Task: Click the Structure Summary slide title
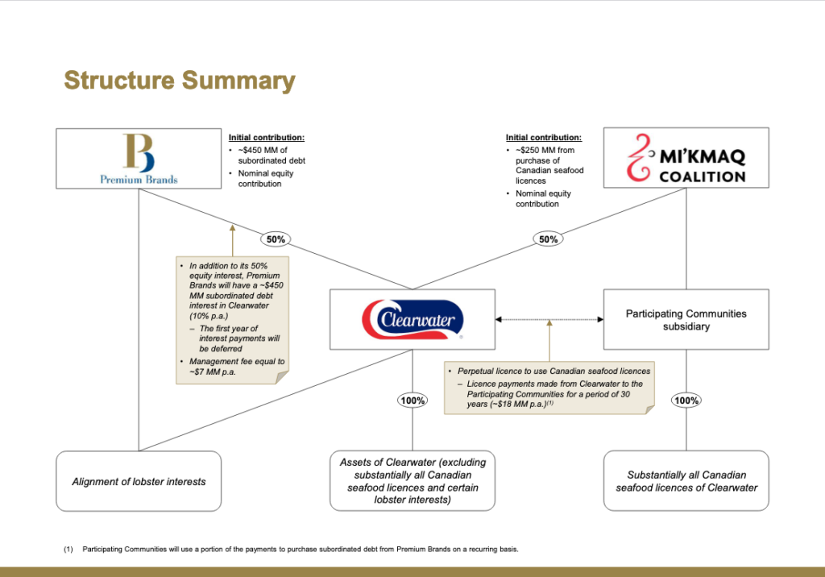(180, 81)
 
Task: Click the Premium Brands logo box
(139, 159)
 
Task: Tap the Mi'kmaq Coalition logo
(686, 158)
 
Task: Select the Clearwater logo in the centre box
(412, 319)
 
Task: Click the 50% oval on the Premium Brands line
(276, 239)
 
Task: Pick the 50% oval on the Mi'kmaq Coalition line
(548, 239)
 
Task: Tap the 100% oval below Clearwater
(412, 401)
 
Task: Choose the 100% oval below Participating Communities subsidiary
(686, 401)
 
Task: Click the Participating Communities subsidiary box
(686, 320)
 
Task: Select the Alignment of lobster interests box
(139, 481)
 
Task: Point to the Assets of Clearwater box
(412, 480)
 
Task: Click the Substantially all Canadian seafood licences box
(686, 480)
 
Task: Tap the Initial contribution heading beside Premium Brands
(266, 138)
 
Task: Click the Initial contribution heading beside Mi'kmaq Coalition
(544, 138)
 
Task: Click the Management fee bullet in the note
(237, 367)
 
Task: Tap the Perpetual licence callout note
(549, 388)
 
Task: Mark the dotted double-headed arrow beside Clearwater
(549, 320)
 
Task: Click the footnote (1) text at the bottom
(291, 549)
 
